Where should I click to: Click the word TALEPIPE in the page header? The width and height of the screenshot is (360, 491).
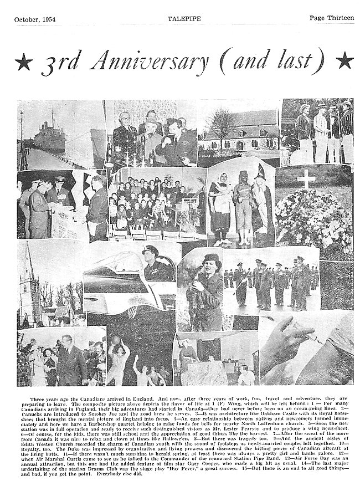[x=181, y=18]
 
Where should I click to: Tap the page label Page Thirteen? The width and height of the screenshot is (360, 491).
[x=331, y=18]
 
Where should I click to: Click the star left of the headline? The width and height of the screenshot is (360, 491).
[x=23, y=61]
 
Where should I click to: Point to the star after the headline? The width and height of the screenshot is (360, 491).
[x=344, y=60]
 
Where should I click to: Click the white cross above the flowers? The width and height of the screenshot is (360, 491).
[x=306, y=179]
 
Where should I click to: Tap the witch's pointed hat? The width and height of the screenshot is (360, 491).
[x=260, y=173]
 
